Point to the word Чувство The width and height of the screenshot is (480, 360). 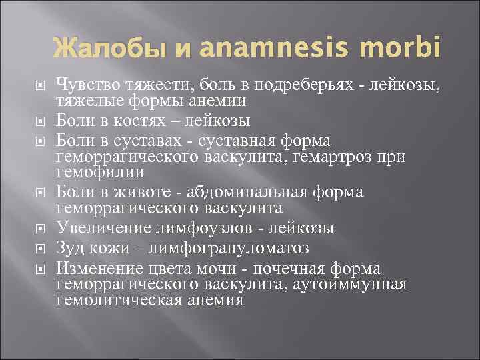coord(87,84)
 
